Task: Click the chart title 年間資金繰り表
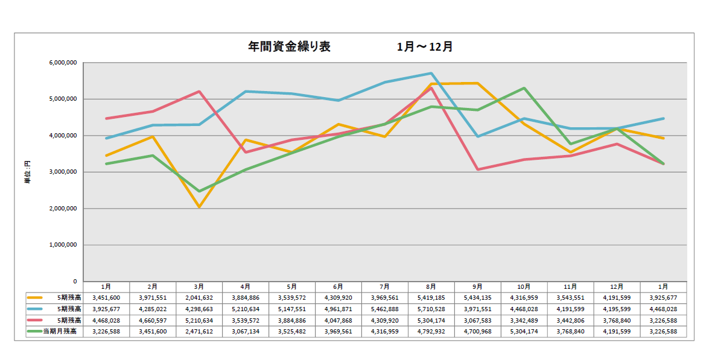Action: (x=289, y=46)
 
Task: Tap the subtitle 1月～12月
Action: (x=425, y=46)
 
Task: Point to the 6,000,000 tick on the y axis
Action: (x=62, y=63)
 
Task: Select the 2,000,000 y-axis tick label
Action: (x=62, y=209)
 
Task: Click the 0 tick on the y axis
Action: (x=75, y=282)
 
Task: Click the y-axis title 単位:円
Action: (x=27, y=172)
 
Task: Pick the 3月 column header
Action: (x=199, y=286)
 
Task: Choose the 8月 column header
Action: (x=431, y=286)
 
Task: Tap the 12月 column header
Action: (x=617, y=286)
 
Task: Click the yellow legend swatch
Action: (x=35, y=297)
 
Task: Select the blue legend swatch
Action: (x=35, y=309)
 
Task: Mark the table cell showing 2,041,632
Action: (x=199, y=297)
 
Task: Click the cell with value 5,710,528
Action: (x=431, y=309)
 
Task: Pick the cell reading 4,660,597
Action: (x=153, y=320)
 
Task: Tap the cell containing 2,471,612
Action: (x=199, y=331)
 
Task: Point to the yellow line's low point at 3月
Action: (x=199, y=207)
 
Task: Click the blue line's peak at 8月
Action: (x=431, y=73)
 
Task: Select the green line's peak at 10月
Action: (x=524, y=88)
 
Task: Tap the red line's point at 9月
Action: (x=477, y=169)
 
